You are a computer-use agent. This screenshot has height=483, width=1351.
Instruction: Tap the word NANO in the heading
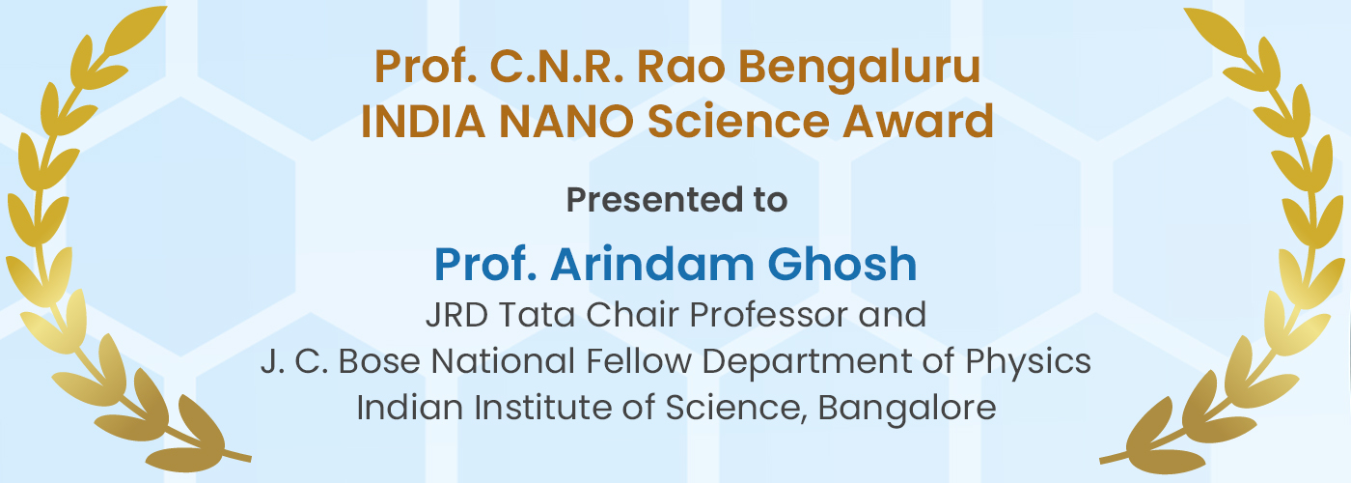click(x=566, y=122)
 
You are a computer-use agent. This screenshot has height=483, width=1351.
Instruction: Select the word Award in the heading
click(x=918, y=121)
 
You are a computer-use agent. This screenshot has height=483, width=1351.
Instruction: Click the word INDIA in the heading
click(x=423, y=122)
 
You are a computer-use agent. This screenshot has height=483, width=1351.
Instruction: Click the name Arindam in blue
click(x=651, y=265)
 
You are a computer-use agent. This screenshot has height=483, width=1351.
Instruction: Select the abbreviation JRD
click(x=456, y=315)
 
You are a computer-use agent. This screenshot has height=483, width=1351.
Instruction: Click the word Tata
click(x=537, y=315)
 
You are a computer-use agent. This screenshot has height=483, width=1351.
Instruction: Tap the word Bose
click(x=378, y=361)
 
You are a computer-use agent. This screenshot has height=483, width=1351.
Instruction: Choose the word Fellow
click(x=639, y=360)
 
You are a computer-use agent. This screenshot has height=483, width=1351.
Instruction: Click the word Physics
click(x=1029, y=362)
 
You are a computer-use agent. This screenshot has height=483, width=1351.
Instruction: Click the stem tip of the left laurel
click(x=249, y=459)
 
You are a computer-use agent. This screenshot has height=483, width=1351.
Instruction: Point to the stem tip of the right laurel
click(x=1101, y=462)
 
